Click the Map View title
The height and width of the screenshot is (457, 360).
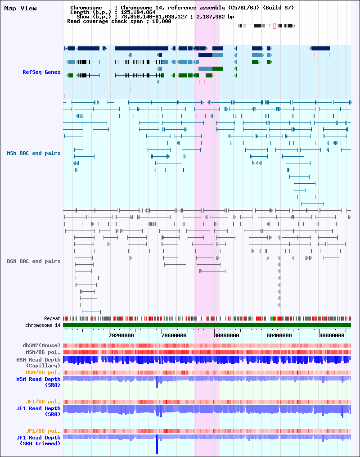20,9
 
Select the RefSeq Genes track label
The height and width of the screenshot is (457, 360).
41,72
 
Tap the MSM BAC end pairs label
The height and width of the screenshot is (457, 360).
33,153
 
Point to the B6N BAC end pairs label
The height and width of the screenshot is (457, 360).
33,261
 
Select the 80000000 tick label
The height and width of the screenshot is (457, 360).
227,335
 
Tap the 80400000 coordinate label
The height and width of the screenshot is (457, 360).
280,335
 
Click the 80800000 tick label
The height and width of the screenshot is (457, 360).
333,335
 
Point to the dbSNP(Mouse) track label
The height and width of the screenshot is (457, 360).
41,345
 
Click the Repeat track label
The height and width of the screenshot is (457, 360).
52,318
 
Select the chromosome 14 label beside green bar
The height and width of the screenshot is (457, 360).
43,325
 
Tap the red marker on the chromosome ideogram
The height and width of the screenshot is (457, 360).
274,26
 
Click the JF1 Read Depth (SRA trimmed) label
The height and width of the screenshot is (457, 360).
38,440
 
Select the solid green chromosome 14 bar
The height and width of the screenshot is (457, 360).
207,325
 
